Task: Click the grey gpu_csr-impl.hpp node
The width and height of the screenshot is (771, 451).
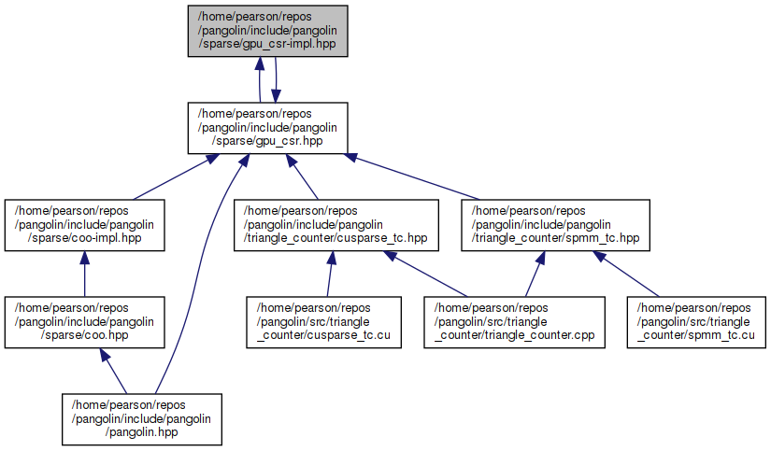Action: pos(269,31)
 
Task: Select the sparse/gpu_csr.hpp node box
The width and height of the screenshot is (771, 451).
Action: pos(269,128)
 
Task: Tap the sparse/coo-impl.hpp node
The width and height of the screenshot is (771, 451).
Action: pos(85,225)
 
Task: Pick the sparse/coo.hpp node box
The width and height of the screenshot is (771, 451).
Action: pos(85,321)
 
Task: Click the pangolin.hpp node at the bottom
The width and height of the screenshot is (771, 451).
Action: pos(143,418)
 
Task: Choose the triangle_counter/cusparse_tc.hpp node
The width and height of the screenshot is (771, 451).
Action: pos(336,225)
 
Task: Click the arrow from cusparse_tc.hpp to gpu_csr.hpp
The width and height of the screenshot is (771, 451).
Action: pos(303,176)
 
